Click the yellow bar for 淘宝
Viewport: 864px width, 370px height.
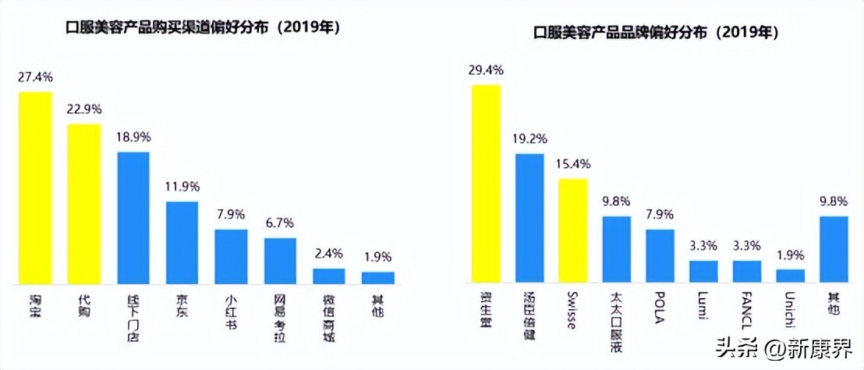tap(36, 187)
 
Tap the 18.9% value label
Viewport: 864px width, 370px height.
tap(133, 137)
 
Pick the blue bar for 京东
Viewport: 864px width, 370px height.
tap(182, 242)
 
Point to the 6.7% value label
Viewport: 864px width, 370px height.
tap(280, 224)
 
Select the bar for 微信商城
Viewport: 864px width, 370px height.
tap(329, 276)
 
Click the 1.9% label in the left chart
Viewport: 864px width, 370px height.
tap(377, 257)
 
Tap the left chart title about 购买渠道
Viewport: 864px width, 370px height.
tap(204, 27)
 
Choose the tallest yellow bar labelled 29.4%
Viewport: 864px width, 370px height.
tap(487, 183)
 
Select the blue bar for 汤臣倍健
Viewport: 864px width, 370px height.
tap(529, 218)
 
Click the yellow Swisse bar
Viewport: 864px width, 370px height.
tap(573, 230)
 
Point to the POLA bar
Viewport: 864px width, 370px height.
tap(660, 255)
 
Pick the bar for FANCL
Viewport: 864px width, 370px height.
tap(746, 271)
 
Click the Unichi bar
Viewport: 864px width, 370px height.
tap(790, 275)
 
